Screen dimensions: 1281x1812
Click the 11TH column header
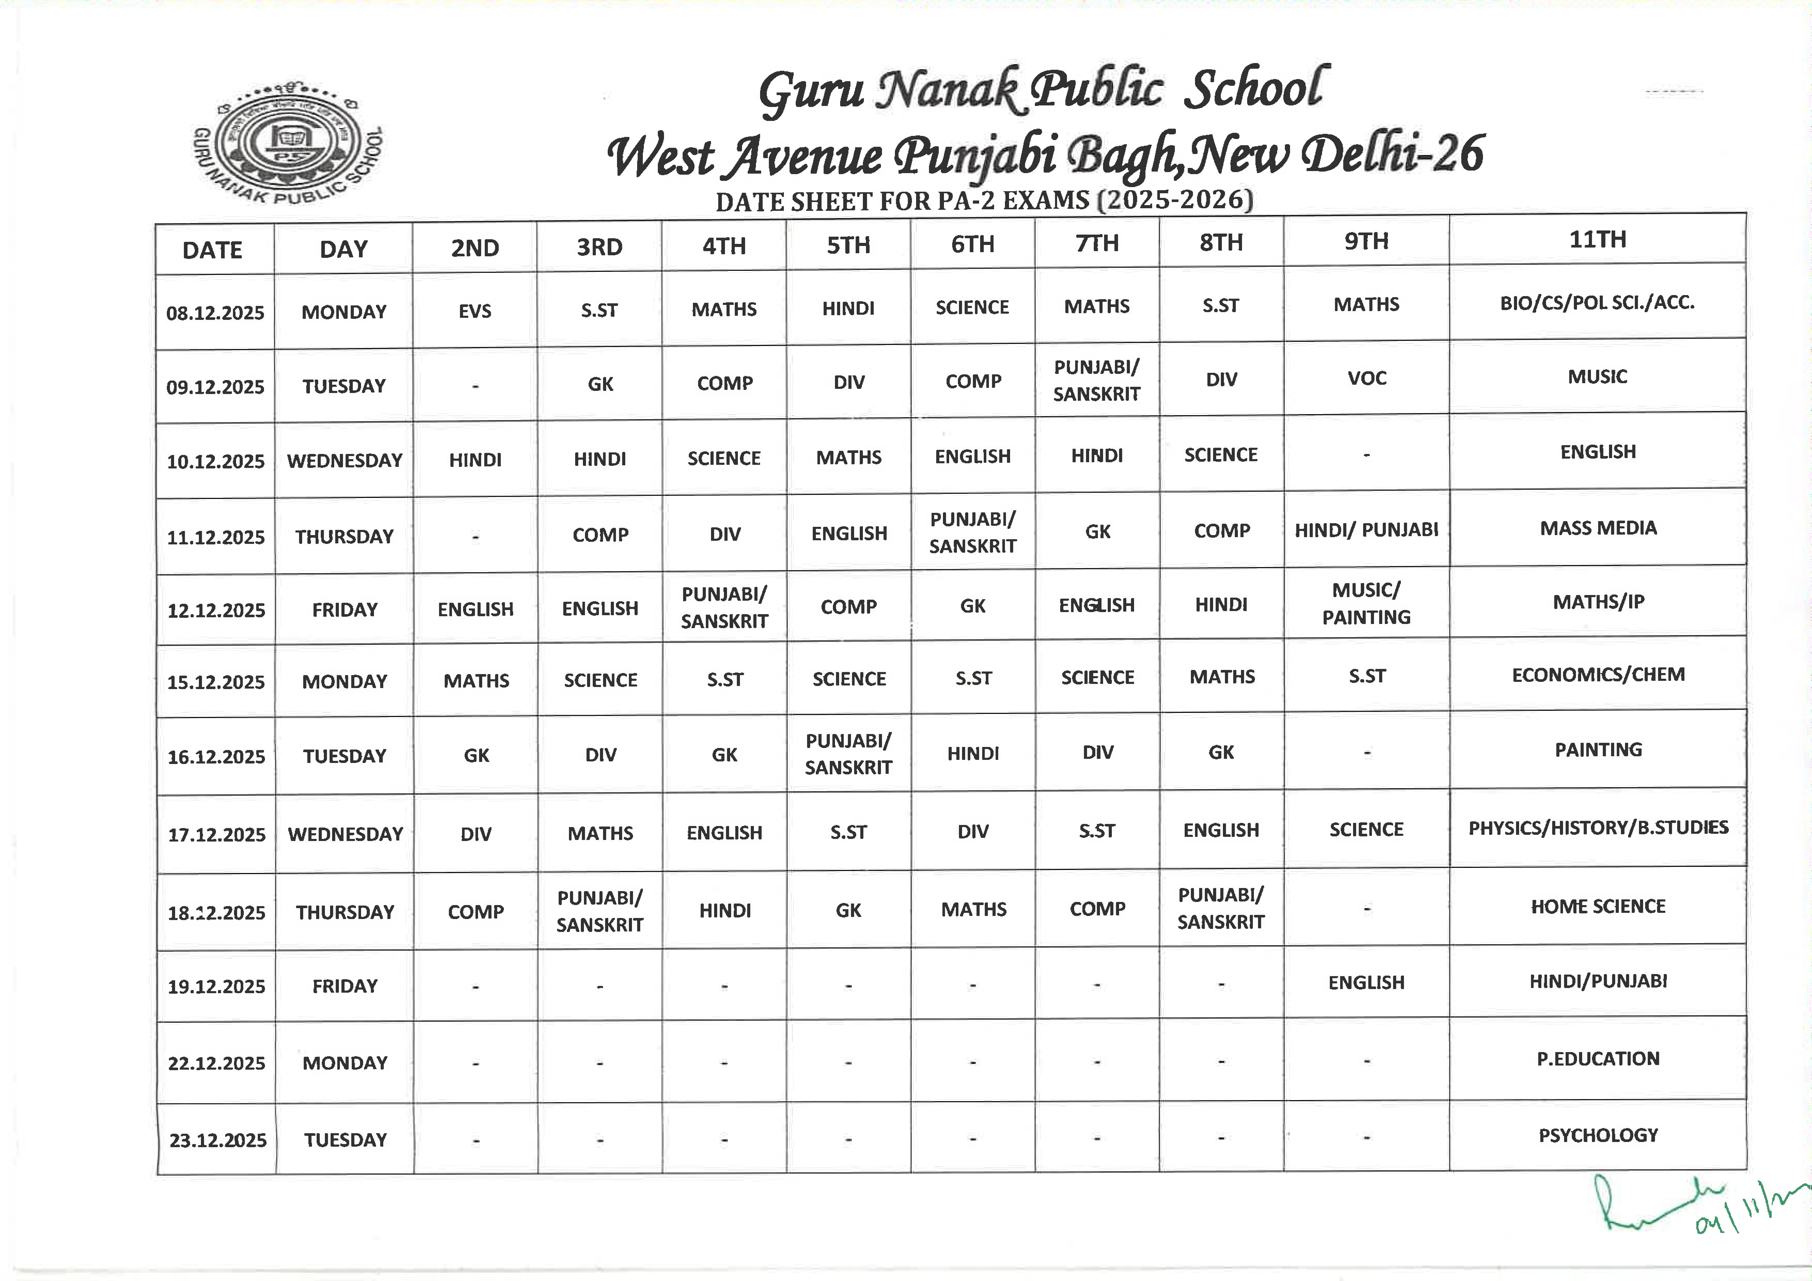coord(1597,239)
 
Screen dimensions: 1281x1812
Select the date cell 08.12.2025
coord(215,313)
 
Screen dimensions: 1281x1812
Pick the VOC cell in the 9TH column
coord(1366,378)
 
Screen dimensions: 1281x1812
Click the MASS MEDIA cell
coord(1597,528)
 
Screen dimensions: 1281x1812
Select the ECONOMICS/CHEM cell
coord(1597,675)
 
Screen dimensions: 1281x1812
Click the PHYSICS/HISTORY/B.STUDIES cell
coord(1597,828)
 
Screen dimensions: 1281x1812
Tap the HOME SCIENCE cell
coord(1597,906)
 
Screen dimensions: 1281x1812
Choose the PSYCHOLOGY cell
coord(1597,1135)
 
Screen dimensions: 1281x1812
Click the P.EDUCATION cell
coord(1597,1059)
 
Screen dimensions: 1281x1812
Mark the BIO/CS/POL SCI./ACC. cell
coord(1597,302)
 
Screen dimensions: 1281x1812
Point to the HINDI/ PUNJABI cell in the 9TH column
coord(1366,530)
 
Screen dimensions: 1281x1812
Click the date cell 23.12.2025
coord(218,1140)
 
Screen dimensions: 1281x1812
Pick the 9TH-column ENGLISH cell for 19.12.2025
coord(1366,983)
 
